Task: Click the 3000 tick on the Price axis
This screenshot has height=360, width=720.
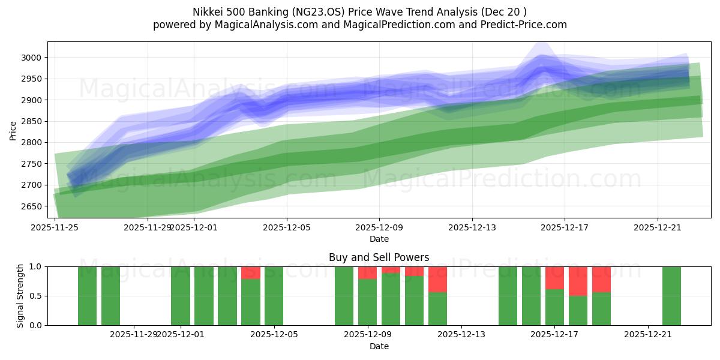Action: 32,58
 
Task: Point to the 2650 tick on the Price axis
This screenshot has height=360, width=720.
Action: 32,206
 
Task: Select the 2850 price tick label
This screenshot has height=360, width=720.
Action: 32,121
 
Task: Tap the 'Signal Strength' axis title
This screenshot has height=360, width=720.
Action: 20,296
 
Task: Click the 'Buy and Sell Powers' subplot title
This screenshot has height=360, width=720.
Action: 379,257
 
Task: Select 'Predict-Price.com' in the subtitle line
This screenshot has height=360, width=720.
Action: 521,25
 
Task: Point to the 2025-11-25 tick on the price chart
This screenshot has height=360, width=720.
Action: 55,228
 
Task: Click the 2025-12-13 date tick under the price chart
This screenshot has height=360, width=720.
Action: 472,228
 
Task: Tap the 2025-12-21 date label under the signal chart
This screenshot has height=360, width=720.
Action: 648,335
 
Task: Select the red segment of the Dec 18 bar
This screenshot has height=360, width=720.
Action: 578,281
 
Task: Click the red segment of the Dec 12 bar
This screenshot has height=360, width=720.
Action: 438,279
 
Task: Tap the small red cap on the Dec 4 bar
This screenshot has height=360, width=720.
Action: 251,272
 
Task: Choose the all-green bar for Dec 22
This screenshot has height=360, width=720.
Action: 671,296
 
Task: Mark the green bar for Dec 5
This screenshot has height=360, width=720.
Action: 274,296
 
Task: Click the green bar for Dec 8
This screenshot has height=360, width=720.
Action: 344,296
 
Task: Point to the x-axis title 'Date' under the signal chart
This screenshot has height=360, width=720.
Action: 379,346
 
